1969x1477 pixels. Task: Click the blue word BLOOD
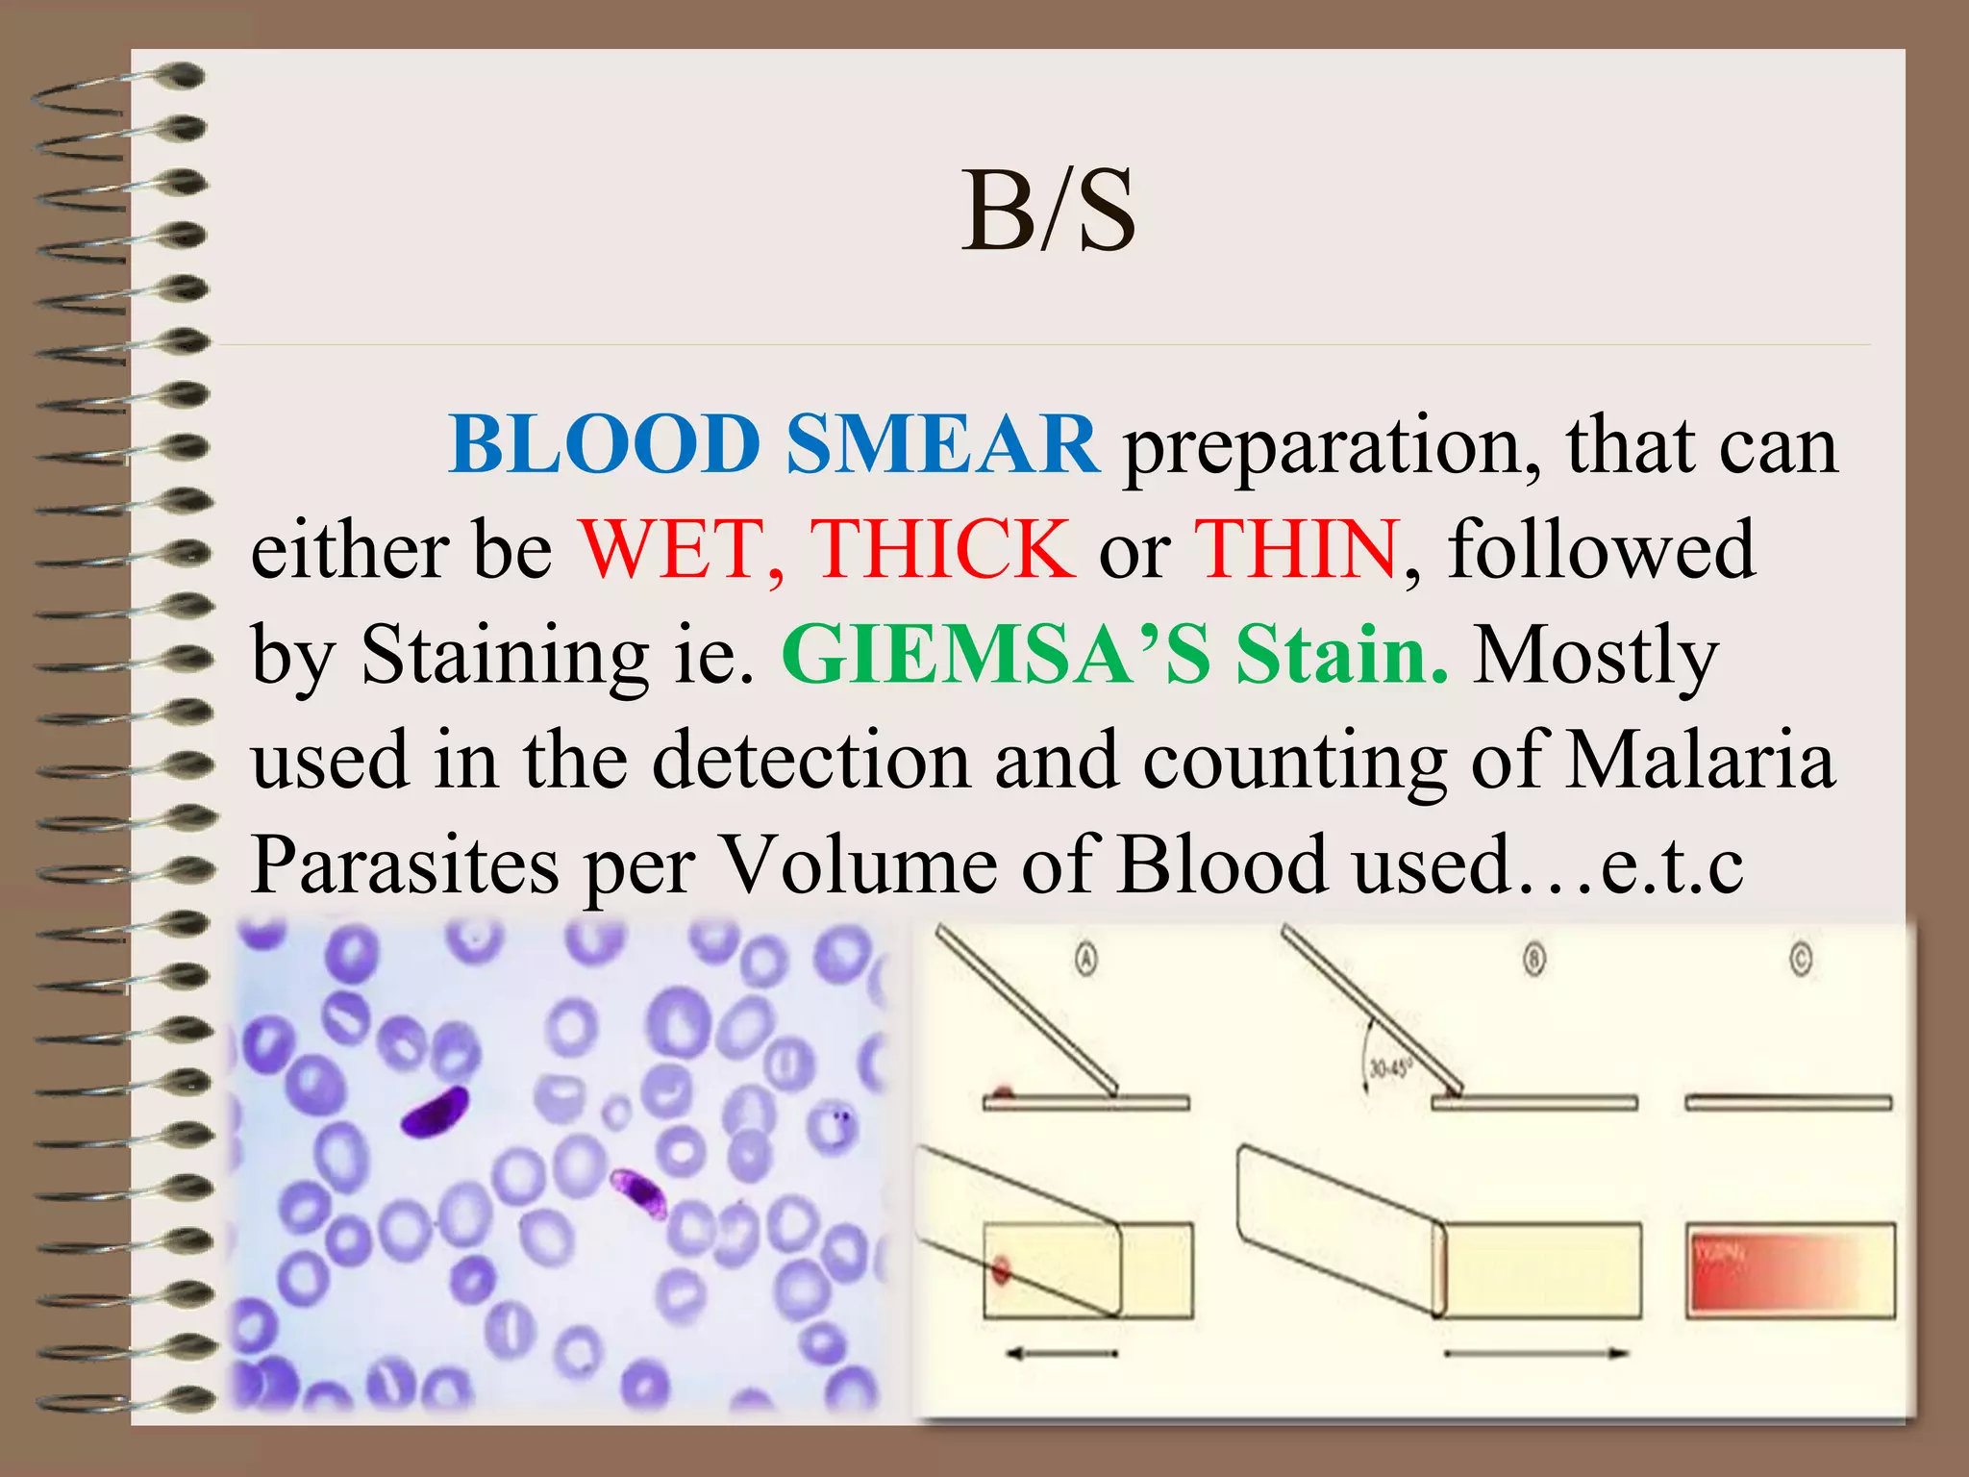604,445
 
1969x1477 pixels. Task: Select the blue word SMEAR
942,445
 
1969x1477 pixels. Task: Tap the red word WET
679,549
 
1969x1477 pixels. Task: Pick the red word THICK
942,549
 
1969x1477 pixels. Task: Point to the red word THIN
1295,549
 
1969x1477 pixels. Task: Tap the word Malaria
1700,760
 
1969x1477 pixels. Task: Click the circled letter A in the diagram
1085,960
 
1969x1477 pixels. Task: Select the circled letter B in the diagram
1534,960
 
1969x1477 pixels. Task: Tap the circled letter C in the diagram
1801,960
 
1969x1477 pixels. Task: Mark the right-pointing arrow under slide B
1536,1354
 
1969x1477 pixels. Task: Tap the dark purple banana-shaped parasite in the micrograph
435,1112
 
